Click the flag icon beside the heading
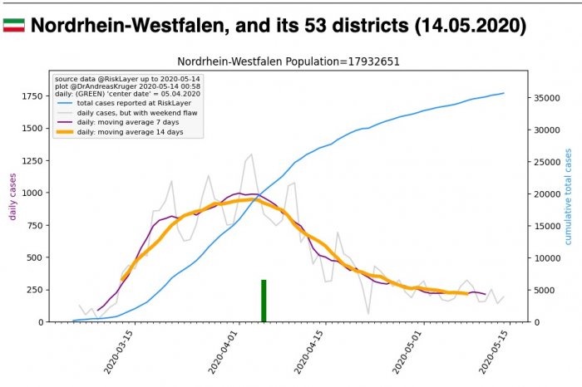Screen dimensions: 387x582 13,27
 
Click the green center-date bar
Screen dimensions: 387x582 264,300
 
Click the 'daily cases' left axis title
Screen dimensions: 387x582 13,197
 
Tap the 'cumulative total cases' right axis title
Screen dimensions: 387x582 570,197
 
